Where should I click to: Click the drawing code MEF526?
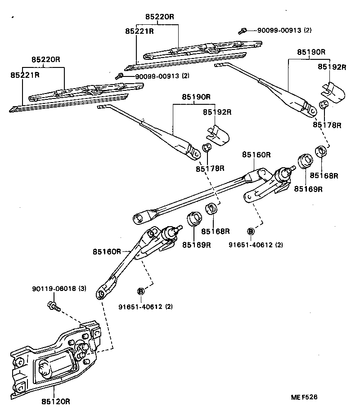[x=304, y=397]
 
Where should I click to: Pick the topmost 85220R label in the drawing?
[x=159, y=17]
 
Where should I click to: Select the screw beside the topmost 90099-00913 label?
[x=242, y=31]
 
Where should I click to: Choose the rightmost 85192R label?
[x=332, y=67]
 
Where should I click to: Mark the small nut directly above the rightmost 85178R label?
[x=323, y=106]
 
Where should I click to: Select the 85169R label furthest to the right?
[x=309, y=189]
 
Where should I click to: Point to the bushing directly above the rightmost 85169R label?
[x=305, y=161]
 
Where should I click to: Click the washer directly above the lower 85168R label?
[x=212, y=209]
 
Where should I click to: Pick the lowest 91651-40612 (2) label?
[x=145, y=307]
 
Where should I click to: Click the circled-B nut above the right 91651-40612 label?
[x=251, y=231]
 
